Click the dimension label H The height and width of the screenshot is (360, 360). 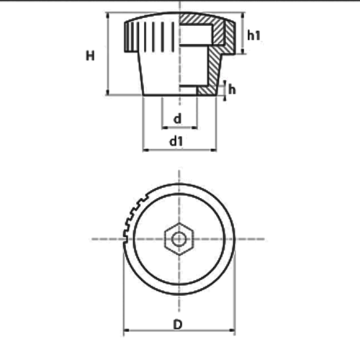click(x=90, y=56)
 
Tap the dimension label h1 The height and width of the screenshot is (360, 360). click(x=253, y=35)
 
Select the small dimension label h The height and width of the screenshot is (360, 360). click(x=232, y=90)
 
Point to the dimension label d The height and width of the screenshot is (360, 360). click(x=177, y=119)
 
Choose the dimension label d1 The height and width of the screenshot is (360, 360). click(x=176, y=141)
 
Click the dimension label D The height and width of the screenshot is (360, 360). click(x=178, y=325)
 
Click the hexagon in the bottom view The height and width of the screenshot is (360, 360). click(x=179, y=239)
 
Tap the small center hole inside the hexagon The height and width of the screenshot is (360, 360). click(x=179, y=239)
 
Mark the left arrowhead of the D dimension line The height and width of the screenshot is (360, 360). click(x=127, y=330)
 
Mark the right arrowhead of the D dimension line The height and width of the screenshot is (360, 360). click(x=232, y=330)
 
